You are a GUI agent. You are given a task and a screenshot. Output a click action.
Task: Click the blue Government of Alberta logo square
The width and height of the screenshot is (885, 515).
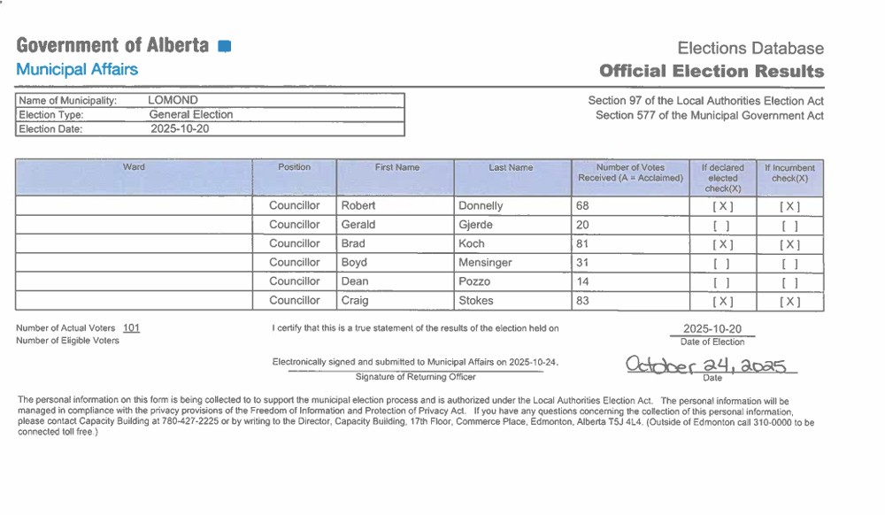224,46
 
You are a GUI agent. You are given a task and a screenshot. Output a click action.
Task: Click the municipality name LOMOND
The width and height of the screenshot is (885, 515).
173,100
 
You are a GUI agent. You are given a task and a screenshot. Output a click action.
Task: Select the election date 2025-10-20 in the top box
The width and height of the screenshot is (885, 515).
181,128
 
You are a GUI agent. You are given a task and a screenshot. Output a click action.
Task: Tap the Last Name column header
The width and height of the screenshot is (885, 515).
511,167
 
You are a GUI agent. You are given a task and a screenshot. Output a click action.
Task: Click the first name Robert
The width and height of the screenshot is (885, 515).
358,205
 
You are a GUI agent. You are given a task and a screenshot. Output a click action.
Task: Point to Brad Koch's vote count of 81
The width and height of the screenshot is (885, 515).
582,243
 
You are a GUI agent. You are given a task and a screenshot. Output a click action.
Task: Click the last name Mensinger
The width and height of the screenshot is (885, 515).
485,263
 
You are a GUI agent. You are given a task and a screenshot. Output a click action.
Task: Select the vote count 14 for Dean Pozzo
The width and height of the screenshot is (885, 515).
582,281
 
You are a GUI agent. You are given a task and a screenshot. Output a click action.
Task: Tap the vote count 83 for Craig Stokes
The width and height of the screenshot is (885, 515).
582,301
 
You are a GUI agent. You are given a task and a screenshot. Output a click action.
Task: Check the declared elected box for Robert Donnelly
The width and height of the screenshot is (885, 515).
722,206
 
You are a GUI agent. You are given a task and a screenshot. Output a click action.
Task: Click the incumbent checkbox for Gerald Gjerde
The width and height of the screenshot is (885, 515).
789,226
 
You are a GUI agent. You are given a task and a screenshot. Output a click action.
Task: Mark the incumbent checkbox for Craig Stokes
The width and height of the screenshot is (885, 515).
789,302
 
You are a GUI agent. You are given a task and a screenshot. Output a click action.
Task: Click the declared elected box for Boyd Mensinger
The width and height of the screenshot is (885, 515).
722,264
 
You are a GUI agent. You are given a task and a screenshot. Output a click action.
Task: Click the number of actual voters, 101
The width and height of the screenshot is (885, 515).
131,327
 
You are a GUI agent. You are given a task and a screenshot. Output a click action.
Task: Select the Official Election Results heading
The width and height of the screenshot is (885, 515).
711,71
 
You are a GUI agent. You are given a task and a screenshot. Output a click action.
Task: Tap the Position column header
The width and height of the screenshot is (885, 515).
294,167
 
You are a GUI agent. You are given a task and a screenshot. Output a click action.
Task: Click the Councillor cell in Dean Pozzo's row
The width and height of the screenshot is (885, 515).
295,281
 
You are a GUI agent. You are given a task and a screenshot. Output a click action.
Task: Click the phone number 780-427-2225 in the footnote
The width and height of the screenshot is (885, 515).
184,422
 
